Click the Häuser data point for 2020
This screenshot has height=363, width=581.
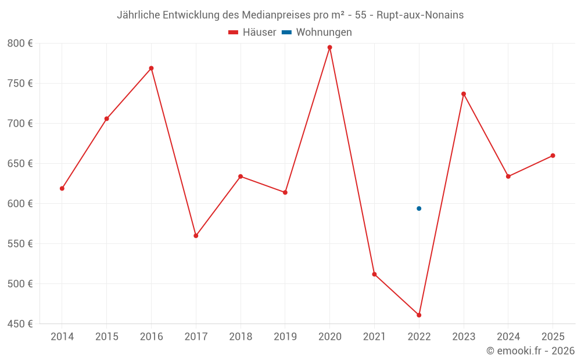pos(329,48)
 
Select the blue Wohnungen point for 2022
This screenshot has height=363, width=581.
pos(419,209)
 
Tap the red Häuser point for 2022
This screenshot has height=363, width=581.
pos(419,315)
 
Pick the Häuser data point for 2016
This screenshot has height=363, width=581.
pos(151,68)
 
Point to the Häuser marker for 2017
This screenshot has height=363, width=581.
pos(196,236)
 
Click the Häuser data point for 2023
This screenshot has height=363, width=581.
pos(464,94)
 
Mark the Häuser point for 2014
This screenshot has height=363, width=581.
pos(62,188)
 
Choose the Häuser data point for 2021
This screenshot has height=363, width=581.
pos(374,274)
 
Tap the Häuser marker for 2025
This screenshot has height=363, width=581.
pos(553,156)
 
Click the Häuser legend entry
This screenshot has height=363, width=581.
pos(252,33)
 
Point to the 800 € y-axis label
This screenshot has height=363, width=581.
pos(20,44)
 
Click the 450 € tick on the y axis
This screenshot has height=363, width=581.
pos(20,324)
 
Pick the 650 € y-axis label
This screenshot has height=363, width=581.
pos(20,164)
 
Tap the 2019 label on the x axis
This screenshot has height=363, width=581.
pos(285,337)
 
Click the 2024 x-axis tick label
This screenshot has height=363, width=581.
pos(508,337)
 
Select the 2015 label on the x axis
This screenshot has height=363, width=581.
pos(107,337)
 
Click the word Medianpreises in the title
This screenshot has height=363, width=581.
pos(266,15)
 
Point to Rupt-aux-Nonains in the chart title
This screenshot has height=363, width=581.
pos(420,15)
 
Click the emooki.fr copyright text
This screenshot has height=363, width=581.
pos(530,351)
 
